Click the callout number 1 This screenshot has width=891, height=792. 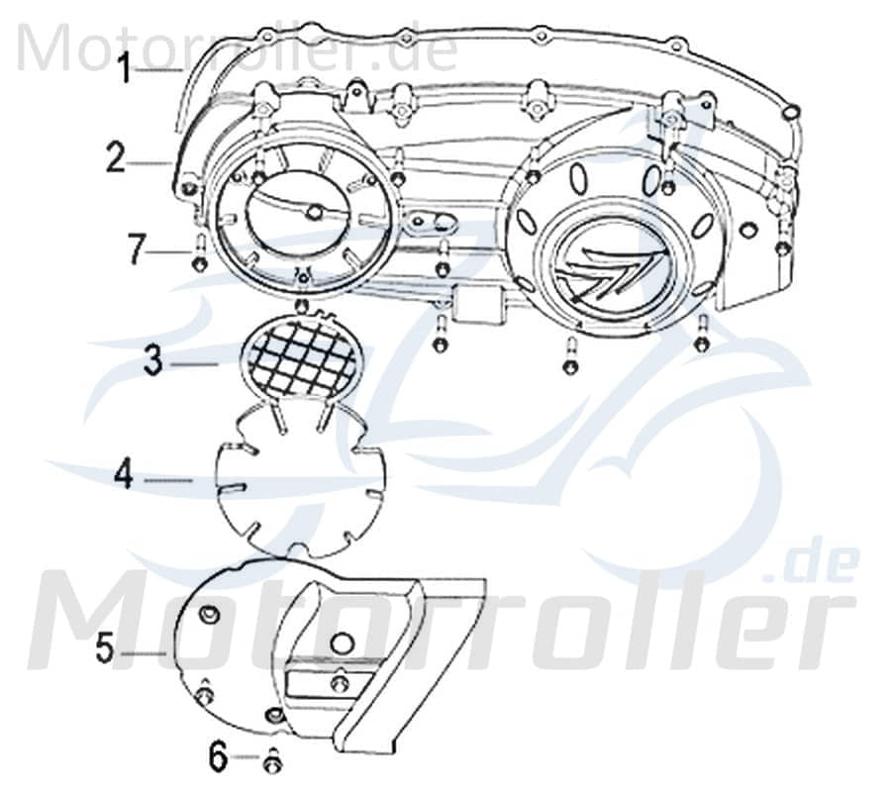click(x=125, y=70)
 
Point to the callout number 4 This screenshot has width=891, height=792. click(x=124, y=475)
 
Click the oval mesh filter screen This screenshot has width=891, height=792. click(x=300, y=356)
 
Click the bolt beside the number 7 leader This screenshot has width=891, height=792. click(x=199, y=259)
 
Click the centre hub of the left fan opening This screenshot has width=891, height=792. click(x=314, y=211)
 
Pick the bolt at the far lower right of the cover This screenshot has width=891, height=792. click(x=702, y=339)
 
